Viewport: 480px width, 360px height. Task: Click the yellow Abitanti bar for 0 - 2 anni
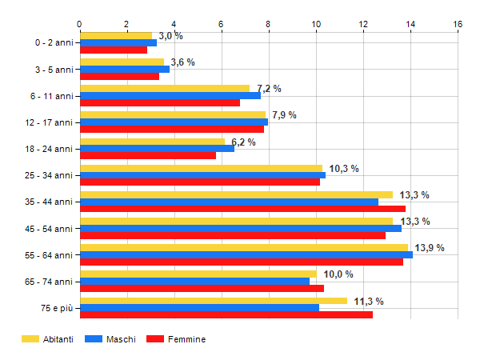[x=116, y=36]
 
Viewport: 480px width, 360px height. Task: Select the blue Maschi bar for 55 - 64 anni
[x=246, y=254]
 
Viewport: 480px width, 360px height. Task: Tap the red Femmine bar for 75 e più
[x=226, y=315]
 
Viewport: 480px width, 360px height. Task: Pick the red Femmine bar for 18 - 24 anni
[x=148, y=155]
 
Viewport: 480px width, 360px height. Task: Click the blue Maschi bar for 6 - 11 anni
[x=170, y=95]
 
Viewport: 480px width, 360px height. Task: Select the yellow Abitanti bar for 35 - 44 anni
[x=236, y=194]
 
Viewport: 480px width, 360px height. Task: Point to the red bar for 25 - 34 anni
[x=200, y=182]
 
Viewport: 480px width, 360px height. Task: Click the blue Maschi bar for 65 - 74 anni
[x=194, y=281]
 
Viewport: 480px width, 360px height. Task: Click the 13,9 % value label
[x=430, y=247]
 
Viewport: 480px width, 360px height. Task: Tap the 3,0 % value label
[x=170, y=36]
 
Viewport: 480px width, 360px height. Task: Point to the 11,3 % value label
[x=369, y=301]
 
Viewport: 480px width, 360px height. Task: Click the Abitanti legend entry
[x=48, y=339]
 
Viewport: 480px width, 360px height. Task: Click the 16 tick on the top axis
[x=458, y=24]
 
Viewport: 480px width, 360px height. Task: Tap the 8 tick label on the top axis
[x=268, y=24]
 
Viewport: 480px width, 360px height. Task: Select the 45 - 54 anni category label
[x=50, y=228]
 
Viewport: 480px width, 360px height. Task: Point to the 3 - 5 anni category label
[x=52, y=70]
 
